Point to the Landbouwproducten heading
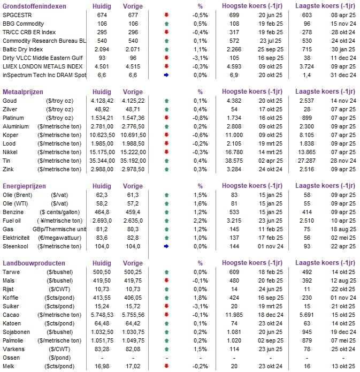[x=34, y=263]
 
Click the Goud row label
[x=10, y=101]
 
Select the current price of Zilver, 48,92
[x=105, y=109]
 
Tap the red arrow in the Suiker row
[x=166, y=307]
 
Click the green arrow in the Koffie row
[x=166, y=298]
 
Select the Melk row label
[x=9, y=367]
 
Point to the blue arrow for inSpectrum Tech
[x=166, y=75]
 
